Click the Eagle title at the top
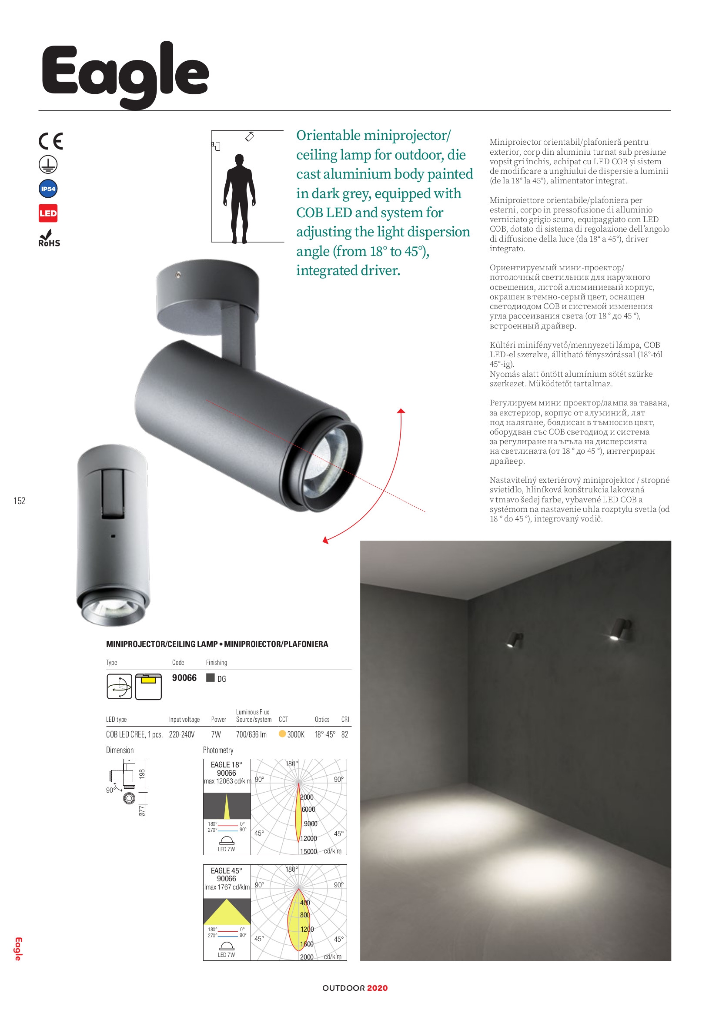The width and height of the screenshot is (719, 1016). pyautogui.click(x=125, y=73)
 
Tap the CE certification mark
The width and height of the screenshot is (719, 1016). pyautogui.click(x=50, y=141)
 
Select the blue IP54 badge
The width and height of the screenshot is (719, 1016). pyautogui.click(x=48, y=189)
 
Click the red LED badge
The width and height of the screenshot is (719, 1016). pyautogui.click(x=48, y=213)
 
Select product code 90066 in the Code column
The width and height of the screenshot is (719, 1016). pyautogui.click(x=184, y=678)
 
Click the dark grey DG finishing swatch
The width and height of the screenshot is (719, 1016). pyautogui.click(x=211, y=678)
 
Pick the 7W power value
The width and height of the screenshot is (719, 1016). pyautogui.click(x=216, y=734)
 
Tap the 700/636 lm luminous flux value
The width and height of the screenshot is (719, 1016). pyautogui.click(x=251, y=734)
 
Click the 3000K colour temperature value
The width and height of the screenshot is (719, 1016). pyautogui.click(x=295, y=734)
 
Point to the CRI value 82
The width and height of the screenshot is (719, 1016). pyautogui.click(x=344, y=734)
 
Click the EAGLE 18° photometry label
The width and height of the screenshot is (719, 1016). pyautogui.click(x=226, y=765)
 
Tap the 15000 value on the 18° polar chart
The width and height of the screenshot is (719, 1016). pyautogui.click(x=308, y=851)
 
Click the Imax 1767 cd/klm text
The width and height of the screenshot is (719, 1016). pyautogui.click(x=227, y=887)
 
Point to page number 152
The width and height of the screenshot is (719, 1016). pyautogui.click(x=20, y=501)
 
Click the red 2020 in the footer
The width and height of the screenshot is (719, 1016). pyautogui.click(x=377, y=988)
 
